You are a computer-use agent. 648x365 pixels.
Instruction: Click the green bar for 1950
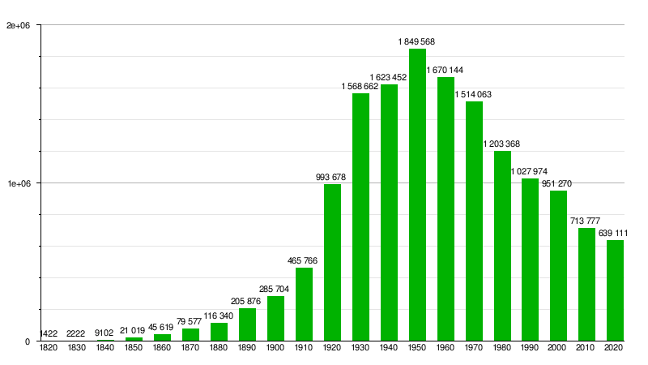pos(417,195)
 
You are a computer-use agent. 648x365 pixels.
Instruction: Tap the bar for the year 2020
pos(616,290)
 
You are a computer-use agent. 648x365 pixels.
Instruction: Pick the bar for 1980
pos(502,245)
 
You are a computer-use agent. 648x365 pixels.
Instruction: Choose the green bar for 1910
pos(304,303)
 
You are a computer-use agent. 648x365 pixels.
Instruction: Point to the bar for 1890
pos(247,324)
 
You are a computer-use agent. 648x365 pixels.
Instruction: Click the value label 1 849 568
pos(417,41)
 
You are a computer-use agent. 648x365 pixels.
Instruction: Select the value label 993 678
pos(332,177)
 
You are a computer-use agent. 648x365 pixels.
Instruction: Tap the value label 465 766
pos(304,260)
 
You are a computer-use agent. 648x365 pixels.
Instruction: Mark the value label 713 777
pos(587,221)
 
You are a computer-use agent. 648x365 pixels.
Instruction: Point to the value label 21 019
pos(134,330)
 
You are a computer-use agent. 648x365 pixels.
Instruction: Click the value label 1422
pos(49,333)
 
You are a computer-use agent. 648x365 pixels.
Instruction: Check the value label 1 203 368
pos(501,144)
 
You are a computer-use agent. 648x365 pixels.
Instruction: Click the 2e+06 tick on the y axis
pos(18,25)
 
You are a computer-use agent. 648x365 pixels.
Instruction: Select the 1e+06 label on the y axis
pos(18,183)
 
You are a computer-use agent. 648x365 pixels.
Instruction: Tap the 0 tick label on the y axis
pos(27,341)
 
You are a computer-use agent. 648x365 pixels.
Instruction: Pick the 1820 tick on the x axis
pos(49,347)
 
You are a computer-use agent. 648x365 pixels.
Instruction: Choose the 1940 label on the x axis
pos(389,347)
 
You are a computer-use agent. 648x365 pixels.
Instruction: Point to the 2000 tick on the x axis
pos(559,347)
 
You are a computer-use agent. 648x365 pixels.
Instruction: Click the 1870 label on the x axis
pos(190,347)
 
